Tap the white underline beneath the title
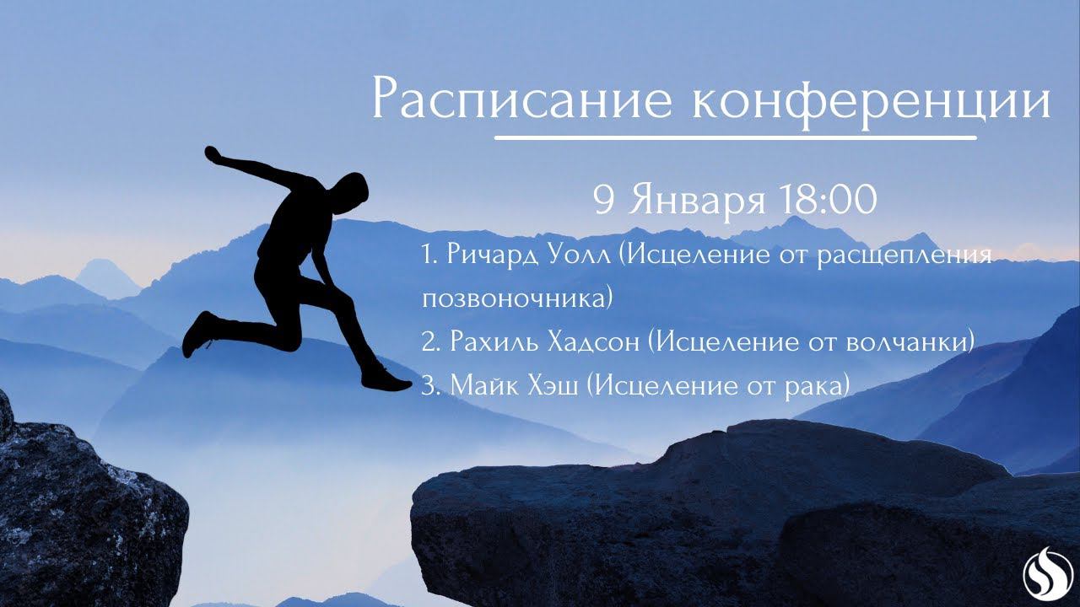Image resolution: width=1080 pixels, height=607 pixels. click(736, 137)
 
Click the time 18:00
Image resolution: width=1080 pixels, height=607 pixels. click(828, 200)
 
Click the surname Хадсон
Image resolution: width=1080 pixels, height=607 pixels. click(594, 342)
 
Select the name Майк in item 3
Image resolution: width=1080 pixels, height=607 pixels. click(482, 385)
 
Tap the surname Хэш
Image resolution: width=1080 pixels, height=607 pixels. click(550, 385)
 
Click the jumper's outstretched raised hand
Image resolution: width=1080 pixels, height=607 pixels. click(212, 154)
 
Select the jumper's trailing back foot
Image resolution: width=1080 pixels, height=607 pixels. click(197, 334)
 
